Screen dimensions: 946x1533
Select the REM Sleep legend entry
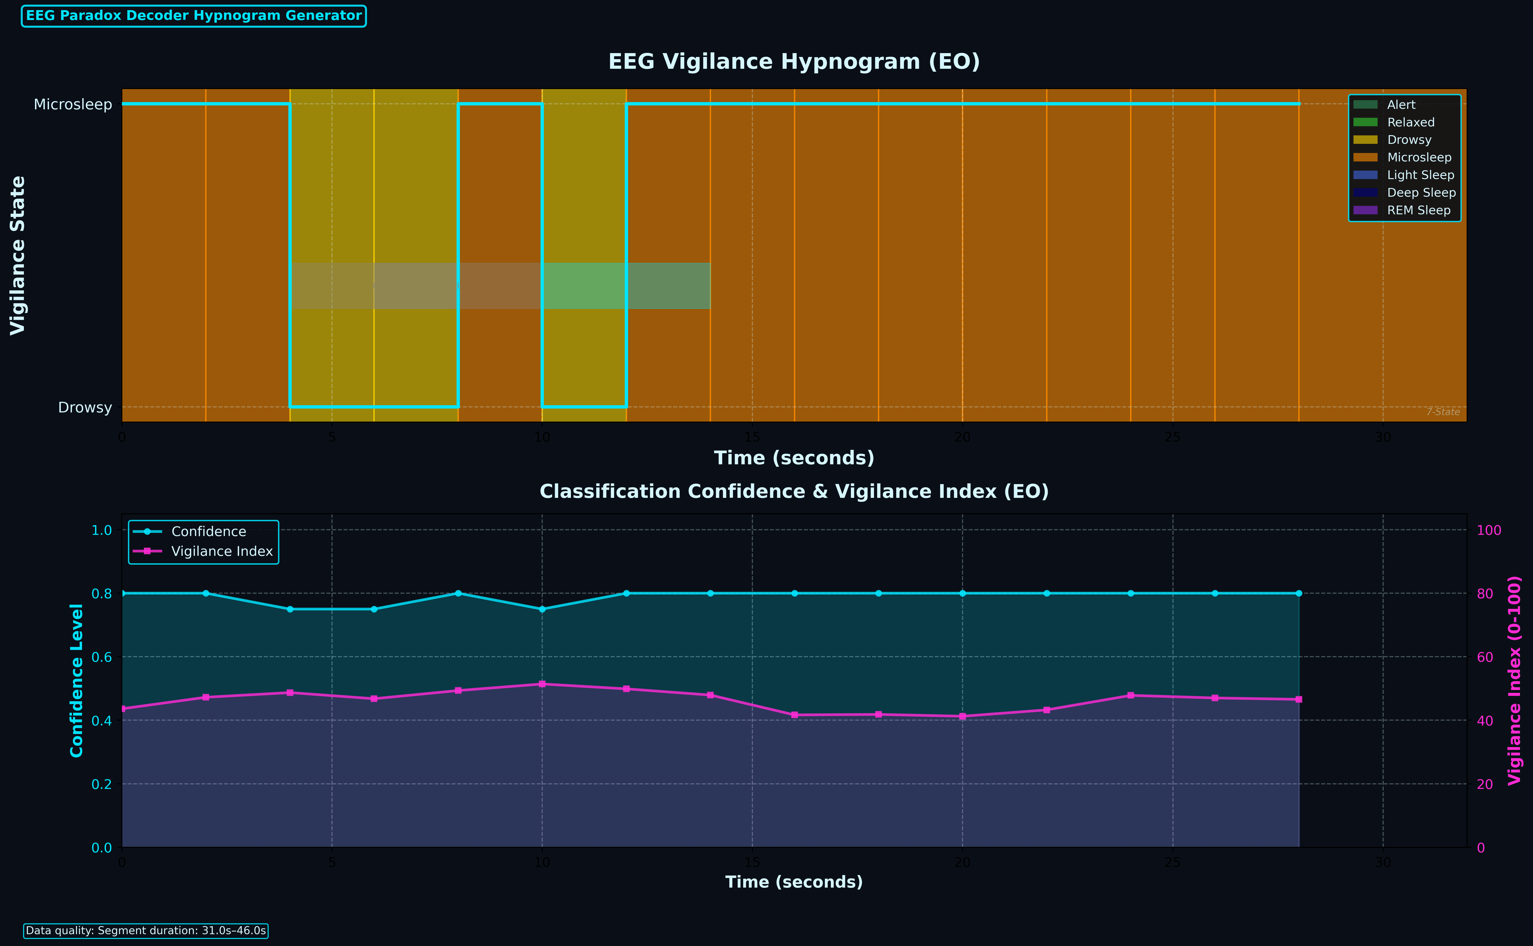(1418, 210)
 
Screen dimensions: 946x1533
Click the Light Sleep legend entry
(1420, 175)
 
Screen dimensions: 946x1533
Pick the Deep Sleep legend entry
(1421, 193)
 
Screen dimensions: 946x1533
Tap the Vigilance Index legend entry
(222, 551)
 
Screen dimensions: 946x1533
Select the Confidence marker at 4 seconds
(290, 609)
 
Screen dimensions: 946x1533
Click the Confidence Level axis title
(76, 680)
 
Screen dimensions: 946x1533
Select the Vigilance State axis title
(18, 255)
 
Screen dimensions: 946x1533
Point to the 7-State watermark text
(1443, 412)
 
